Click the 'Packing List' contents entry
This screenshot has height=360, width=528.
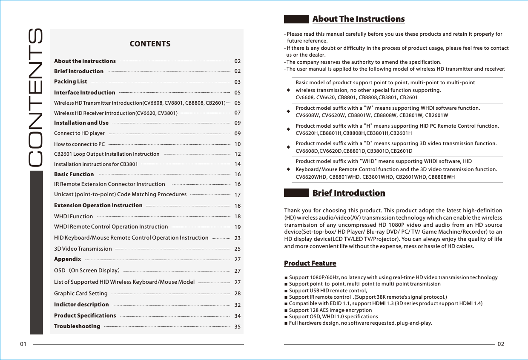[x=70, y=82]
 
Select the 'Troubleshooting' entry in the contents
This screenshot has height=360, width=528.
[x=77, y=326]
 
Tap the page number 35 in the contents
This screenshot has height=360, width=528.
[x=238, y=327]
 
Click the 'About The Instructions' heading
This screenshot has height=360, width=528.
[x=358, y=19]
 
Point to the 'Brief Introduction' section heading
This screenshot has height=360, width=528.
[x=348, y=193]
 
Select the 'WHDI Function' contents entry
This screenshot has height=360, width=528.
[x=73, y=216]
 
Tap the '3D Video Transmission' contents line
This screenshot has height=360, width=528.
[x=83, y=249]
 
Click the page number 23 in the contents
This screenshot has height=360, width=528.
[x=238, y=238]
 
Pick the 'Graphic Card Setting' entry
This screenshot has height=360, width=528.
[x=81, y=294]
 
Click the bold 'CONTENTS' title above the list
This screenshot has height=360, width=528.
[x=150, y=44]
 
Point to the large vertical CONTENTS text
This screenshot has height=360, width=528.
[x=36, y=98]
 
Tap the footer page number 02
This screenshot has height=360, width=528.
[x=501, y=344]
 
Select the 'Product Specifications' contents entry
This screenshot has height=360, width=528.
[x=85, y=316]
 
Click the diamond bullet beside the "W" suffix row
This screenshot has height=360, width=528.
[x=289, y=111]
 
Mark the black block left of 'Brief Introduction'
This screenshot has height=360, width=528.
[x=296, y=193]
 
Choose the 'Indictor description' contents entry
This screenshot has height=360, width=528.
[x=81, y=305]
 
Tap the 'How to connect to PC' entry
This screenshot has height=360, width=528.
[x=79, y=144]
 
